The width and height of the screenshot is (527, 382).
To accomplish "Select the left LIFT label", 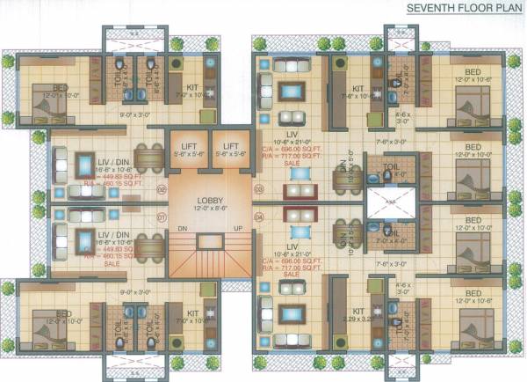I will [x=189, y=145].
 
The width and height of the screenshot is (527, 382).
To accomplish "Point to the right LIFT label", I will [x=232, y=145].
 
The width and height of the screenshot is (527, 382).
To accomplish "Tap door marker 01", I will [x=161, y=216].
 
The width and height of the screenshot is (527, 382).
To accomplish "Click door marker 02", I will [x=161, y=188].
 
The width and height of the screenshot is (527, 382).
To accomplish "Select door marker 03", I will [x=258, y=188].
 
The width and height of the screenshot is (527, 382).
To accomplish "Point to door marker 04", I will [x=258, y=216].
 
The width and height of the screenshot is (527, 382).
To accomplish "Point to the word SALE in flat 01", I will [x=112, y=263].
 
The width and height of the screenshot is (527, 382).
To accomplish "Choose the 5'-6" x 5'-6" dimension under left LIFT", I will [x=189, y=154].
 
